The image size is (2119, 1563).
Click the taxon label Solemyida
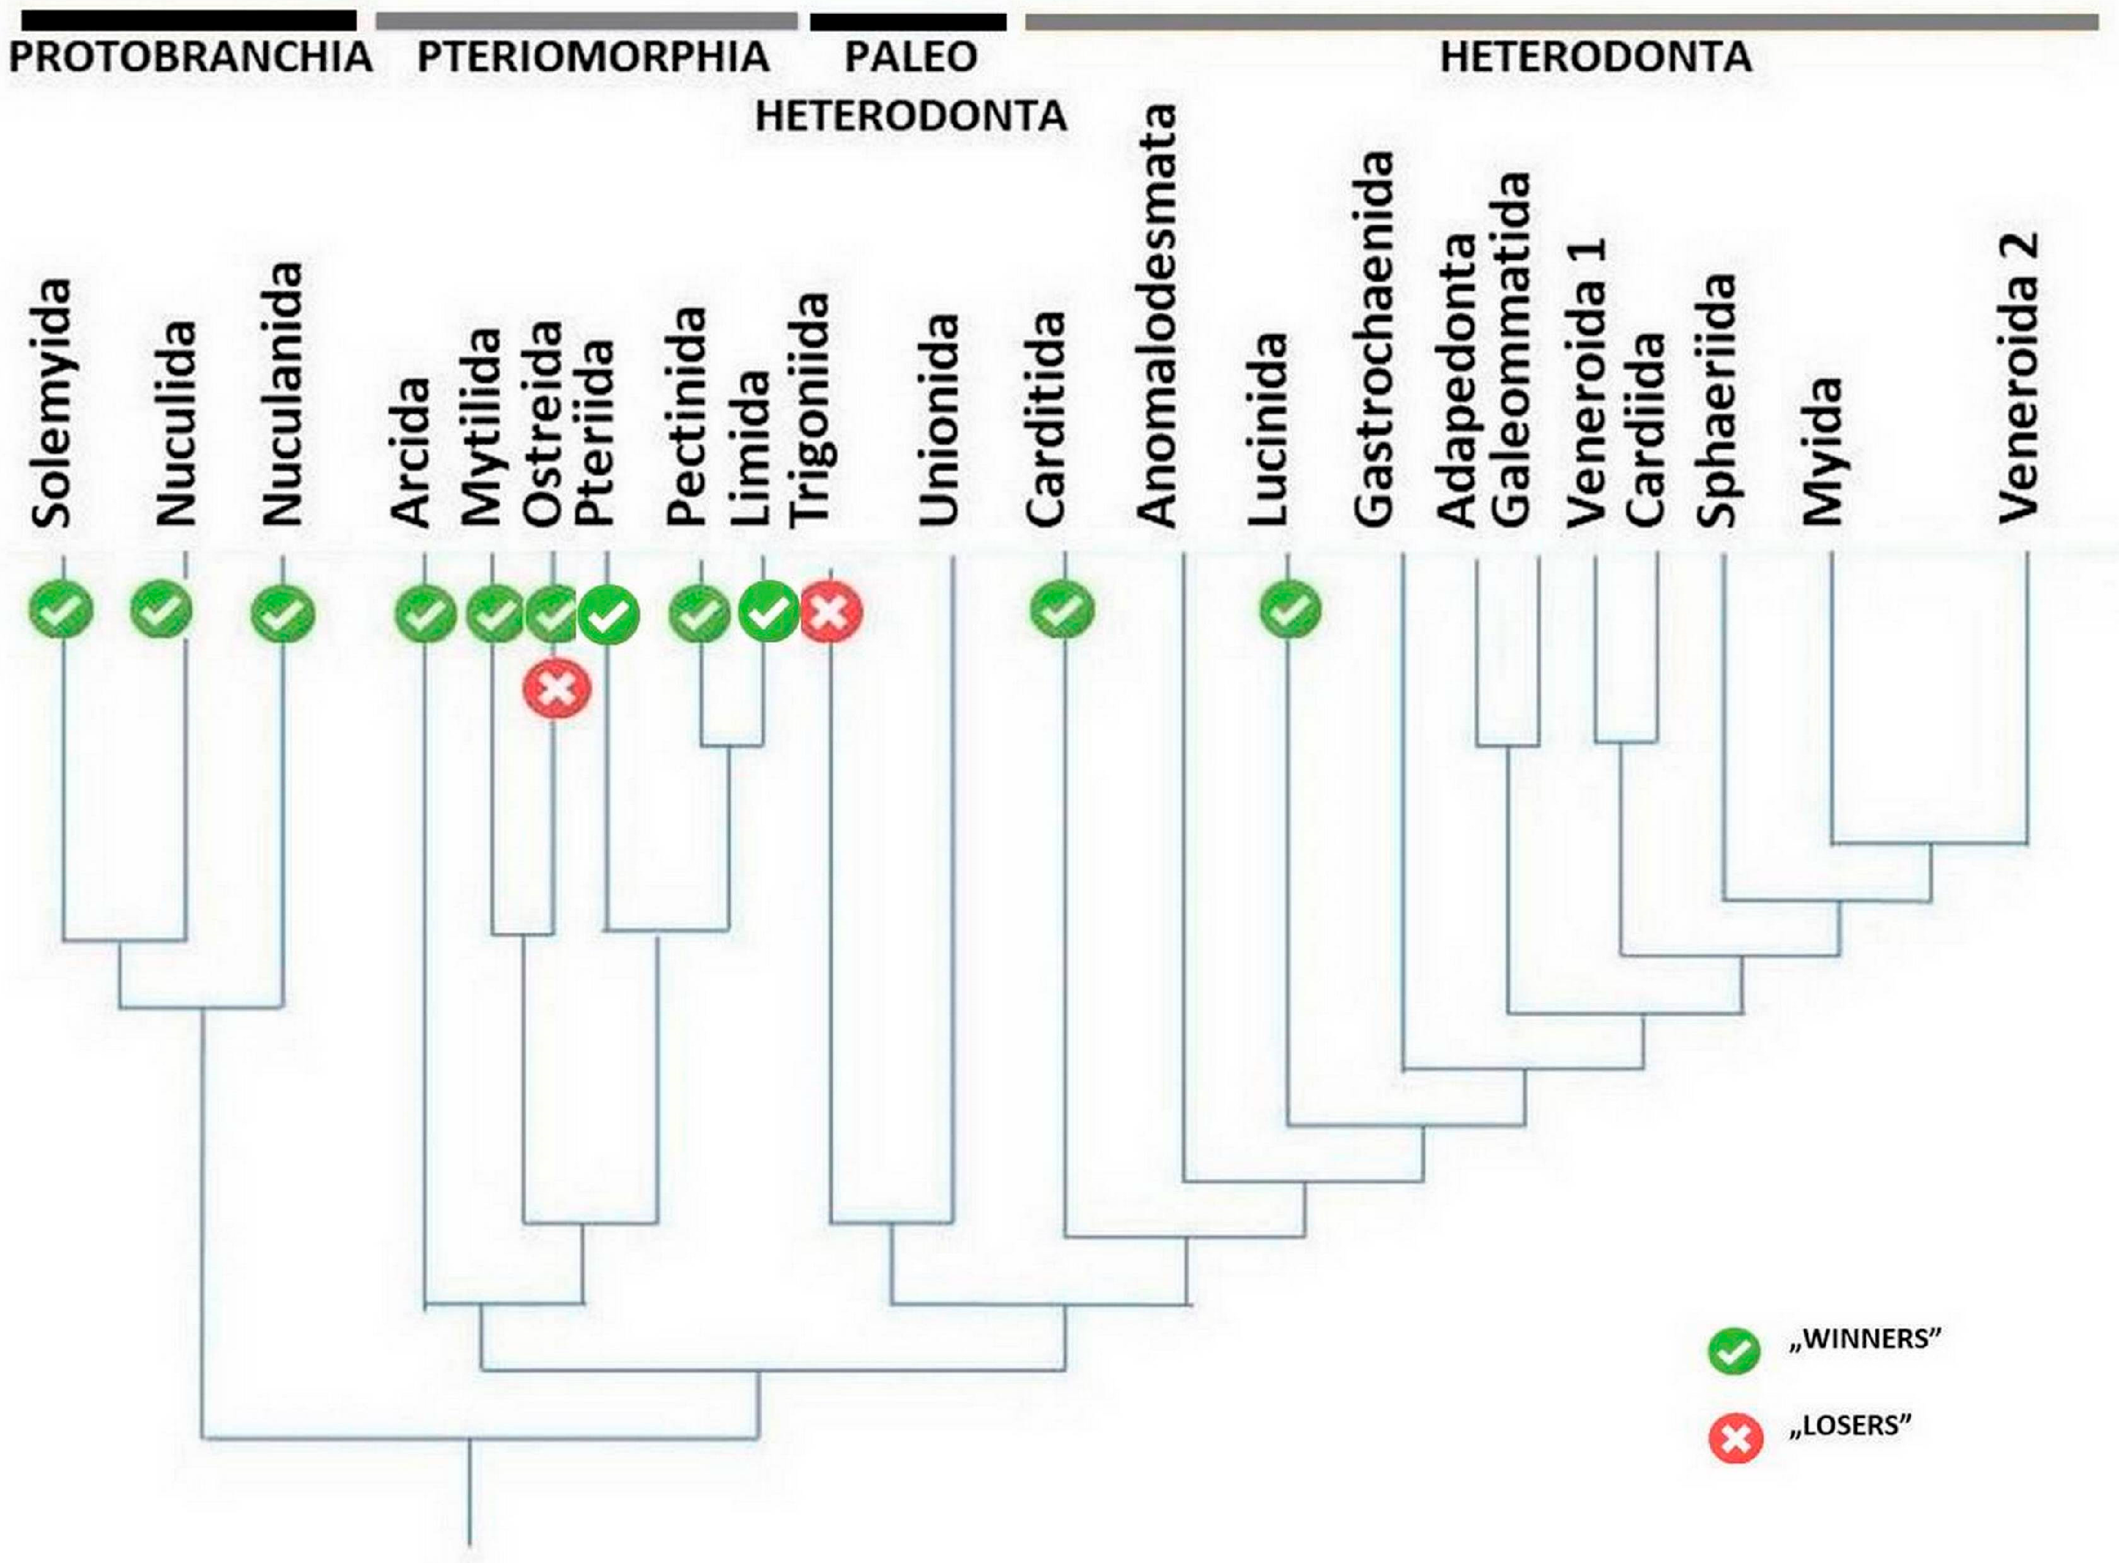click(52, 403)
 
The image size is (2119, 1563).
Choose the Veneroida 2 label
click(2019, 377)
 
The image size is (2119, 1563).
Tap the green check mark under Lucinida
click(1290, 610)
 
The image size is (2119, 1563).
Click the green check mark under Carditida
click(1062, 610)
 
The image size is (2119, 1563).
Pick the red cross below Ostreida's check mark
click(557, 688)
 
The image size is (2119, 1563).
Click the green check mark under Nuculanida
click(282, 613)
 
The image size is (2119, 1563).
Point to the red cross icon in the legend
click(1736, 1440)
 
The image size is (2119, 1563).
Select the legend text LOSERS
click(1850, 1426)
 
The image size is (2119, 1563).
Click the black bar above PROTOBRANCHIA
click(182, 21)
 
